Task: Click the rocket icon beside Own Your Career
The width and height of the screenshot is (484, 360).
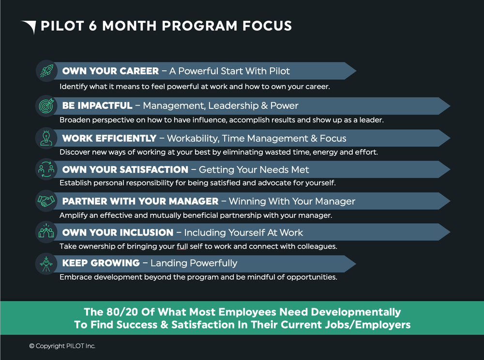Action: (46, 71)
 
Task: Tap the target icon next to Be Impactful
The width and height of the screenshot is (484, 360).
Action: (46, 105)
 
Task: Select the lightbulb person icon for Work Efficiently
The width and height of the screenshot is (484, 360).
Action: (46, 138)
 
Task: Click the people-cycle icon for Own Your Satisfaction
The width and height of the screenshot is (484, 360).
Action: (46, 169)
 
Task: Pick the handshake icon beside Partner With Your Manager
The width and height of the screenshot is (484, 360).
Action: (46, 201)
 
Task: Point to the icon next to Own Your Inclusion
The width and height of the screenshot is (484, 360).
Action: (46, 232)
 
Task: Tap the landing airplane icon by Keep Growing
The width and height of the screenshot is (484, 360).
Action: (46, 263)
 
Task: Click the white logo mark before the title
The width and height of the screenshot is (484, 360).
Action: (29, 26)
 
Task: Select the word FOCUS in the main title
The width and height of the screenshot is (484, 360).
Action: (267, 26)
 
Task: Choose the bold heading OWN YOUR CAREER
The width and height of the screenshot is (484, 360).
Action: (110, 71)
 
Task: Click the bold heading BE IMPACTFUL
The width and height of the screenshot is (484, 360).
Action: (97, 105)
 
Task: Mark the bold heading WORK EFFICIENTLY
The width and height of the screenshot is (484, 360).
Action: (109, 138)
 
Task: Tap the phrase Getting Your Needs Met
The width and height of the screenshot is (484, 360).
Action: (254, 170)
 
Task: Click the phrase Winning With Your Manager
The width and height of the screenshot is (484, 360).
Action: (292, 201)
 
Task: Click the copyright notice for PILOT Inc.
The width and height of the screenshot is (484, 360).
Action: (62, 346)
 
